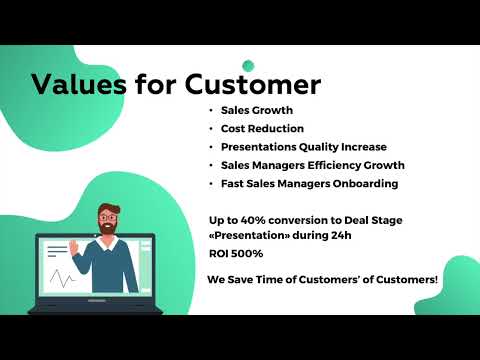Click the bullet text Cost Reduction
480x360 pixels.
pyautogui.click(x=261, y=129)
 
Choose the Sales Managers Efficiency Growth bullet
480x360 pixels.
pyautogui.click(x=313, y=165)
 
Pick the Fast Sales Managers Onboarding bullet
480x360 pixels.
pyautogui.click(x=309, y=183)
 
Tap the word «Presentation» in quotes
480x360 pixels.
pyautogui.click(x=248, y=236)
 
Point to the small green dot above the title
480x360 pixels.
pyautogui.click(x=248, y=66)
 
